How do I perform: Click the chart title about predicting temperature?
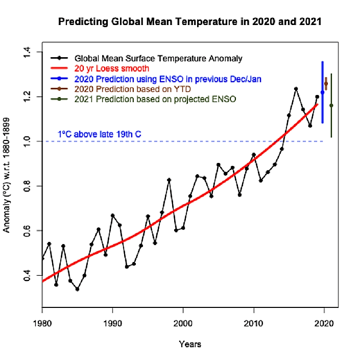(189, 22)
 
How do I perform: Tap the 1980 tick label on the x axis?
(42, 323)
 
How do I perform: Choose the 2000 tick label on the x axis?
(183, 323)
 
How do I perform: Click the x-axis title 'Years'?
(190, 344)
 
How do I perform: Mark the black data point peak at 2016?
(296, 89)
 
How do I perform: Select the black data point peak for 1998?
(169, 180)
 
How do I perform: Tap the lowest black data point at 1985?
(77, 289)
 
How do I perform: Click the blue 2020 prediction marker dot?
(322, 92)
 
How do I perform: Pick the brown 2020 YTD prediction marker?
(326, 84)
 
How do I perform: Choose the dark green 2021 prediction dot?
(331, 106)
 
